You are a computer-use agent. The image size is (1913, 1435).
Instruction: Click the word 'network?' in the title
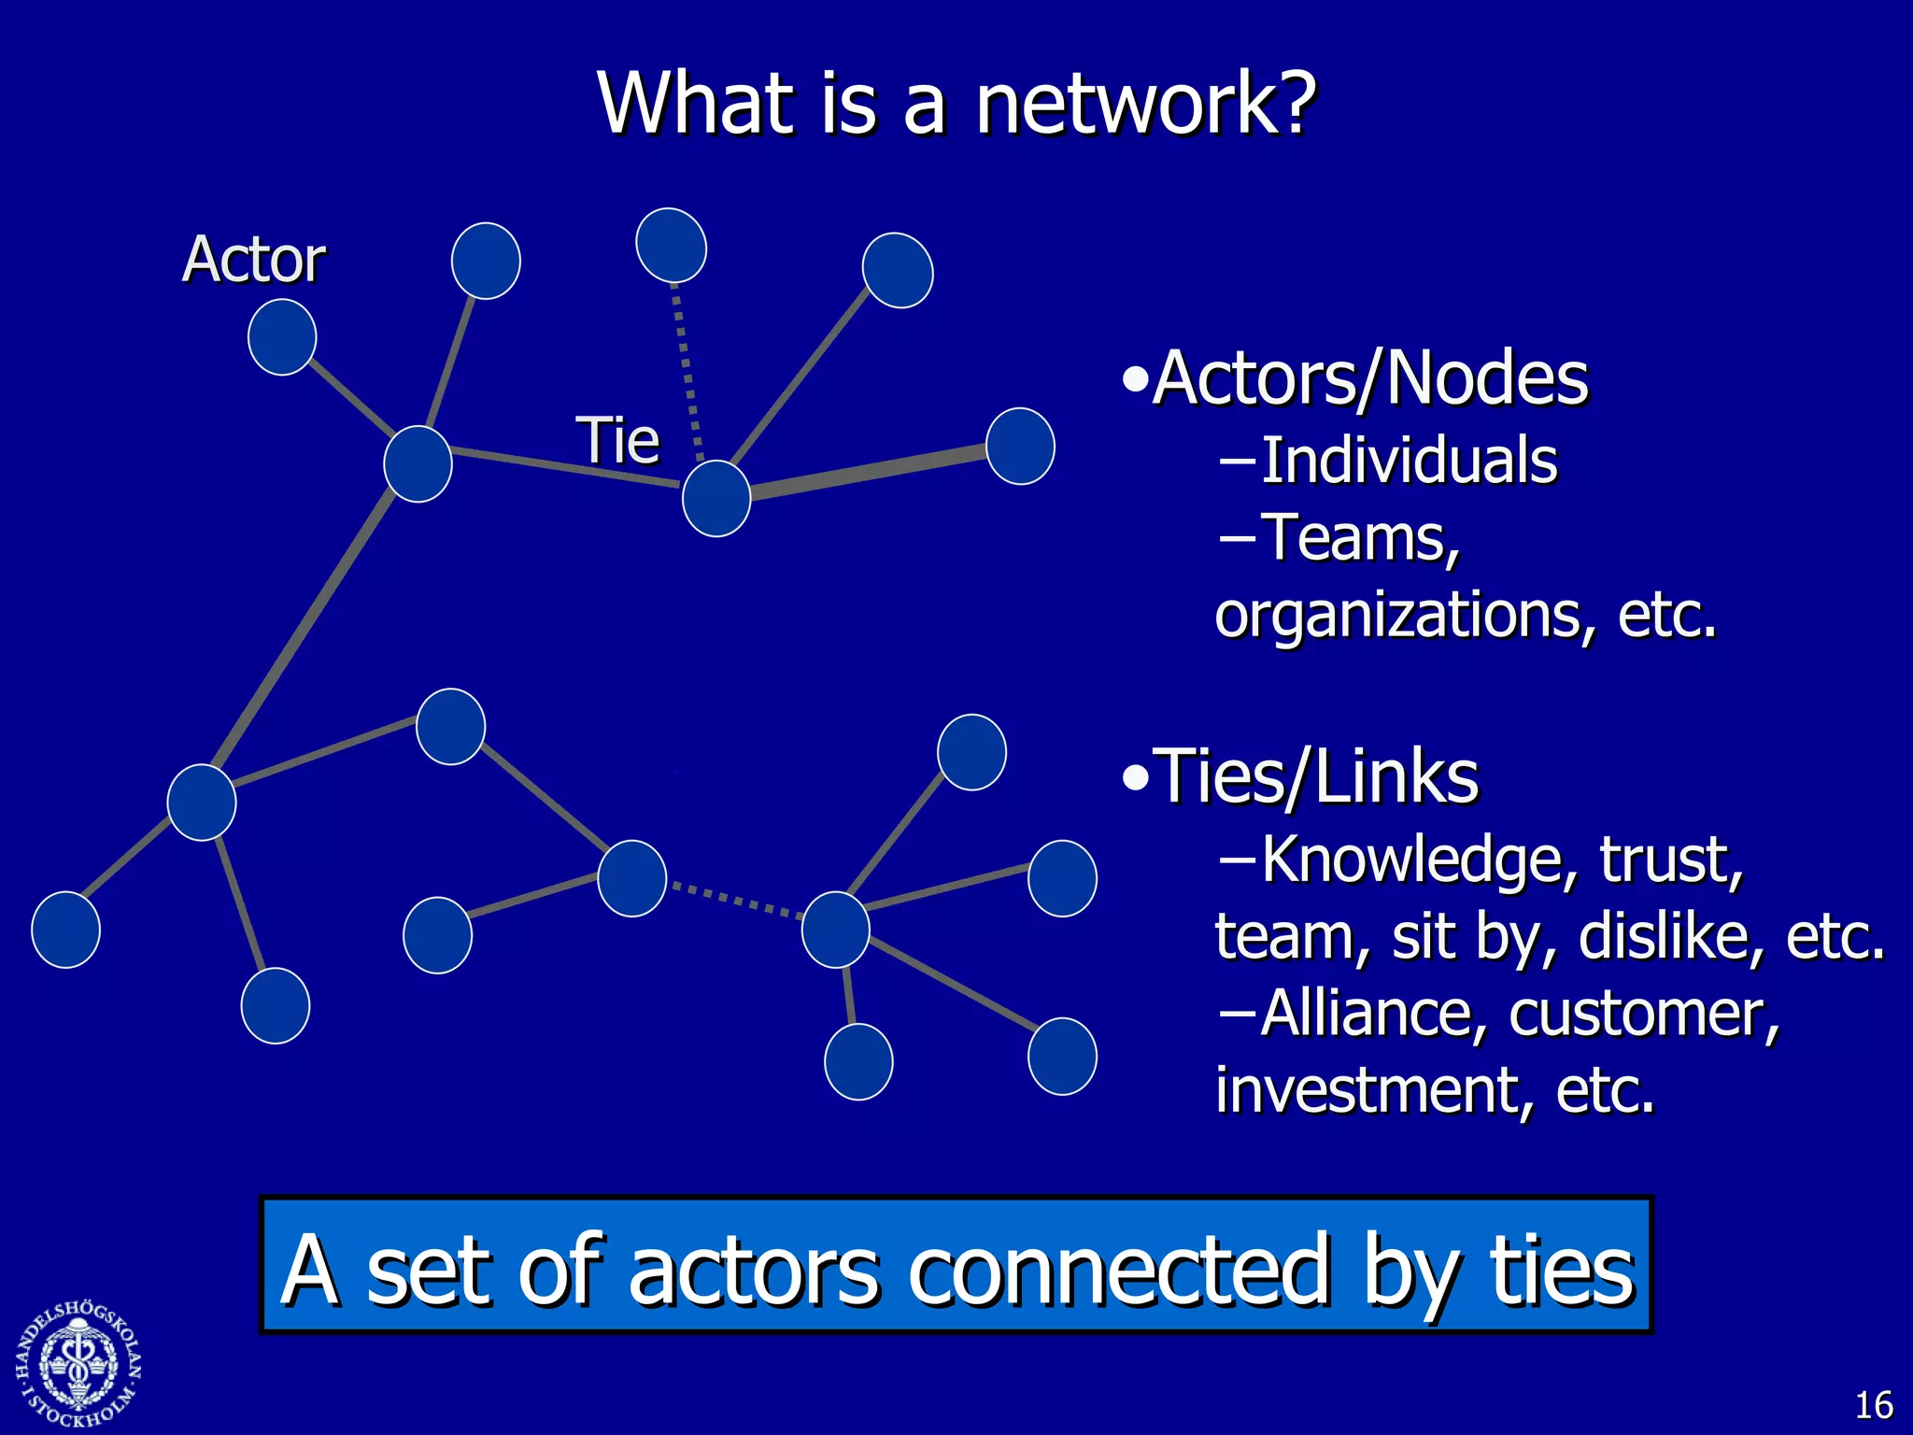coord(1145,105)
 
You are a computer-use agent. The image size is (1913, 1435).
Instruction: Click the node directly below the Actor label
coord(282,337)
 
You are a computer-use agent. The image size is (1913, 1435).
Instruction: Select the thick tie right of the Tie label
coord(869,474)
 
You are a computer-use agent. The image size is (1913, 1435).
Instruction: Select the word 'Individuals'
coord(1409,462)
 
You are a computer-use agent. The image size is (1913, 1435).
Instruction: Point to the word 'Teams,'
coord(1360,539)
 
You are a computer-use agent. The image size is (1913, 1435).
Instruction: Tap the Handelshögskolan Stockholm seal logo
coord(78,1365)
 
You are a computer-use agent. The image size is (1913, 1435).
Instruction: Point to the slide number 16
coord(1873,1405)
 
